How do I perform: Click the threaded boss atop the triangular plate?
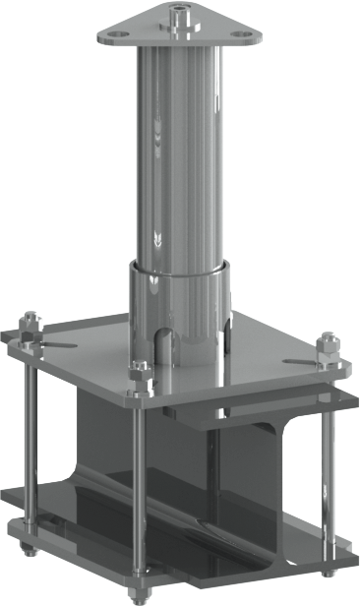181,16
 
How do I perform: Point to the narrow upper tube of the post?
180,148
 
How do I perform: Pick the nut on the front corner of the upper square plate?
141,377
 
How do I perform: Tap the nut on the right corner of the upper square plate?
328,350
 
